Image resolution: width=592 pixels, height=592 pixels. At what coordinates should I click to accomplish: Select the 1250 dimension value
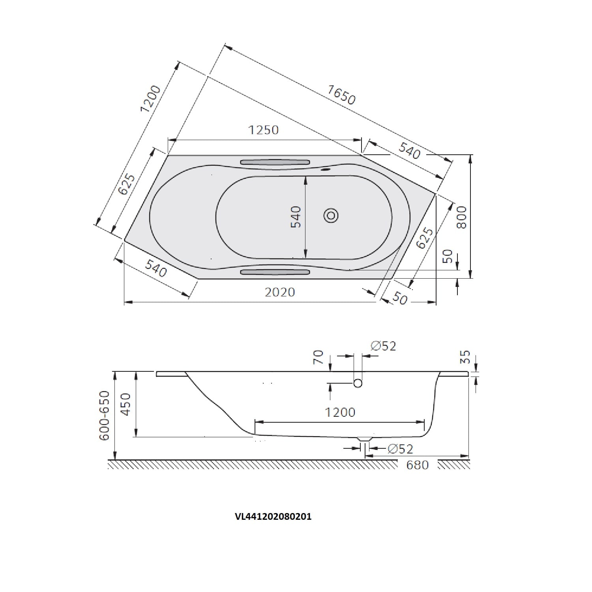[x=263, y=130]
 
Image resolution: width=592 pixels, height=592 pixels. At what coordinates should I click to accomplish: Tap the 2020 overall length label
[x=280, y=292]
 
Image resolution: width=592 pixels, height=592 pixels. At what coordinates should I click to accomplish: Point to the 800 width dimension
[x=462, y=217]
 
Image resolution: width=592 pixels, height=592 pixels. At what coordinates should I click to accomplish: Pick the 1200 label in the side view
[x=340, y=412]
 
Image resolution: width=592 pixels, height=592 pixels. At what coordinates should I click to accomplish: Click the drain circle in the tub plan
[x=331, y=215]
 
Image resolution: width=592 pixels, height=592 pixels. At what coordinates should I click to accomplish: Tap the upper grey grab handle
[x=275, y=162]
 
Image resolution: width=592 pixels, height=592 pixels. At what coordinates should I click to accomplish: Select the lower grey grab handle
[x=275, y=272]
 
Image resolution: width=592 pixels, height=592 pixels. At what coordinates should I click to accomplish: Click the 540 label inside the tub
[x=296, y=217]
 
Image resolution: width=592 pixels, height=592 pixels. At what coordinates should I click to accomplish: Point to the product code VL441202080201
[x=273, y=517]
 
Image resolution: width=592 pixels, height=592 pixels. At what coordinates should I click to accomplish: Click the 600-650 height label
[x=104, y=416]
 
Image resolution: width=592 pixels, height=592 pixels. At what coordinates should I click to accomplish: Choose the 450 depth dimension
[x=126, y=404]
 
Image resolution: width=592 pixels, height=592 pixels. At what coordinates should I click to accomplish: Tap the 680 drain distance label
[x=417, y=465]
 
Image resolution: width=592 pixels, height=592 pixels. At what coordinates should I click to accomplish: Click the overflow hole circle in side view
[x=358, y=383]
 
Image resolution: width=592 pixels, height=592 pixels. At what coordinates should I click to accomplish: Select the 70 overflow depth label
[x=318, y=357]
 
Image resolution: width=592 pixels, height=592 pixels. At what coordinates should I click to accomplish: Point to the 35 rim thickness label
[x=466, y=357]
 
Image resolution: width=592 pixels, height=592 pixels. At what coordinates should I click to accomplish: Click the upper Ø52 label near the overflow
[x=383, y=346]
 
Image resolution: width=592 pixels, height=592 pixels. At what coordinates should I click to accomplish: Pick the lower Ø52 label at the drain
[x=400, y=449]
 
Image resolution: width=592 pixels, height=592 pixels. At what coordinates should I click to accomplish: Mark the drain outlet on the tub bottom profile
[x=365, y=439]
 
